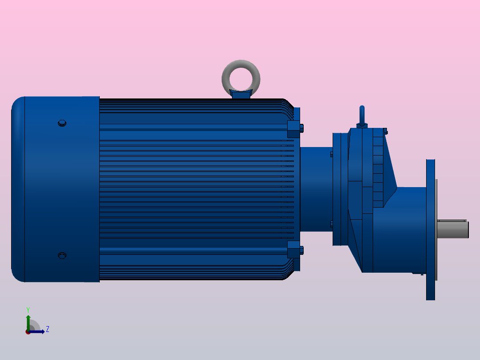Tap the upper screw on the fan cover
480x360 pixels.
62,123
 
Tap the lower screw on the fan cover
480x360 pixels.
62,255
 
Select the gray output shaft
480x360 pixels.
452,230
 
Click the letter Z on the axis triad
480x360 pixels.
48,329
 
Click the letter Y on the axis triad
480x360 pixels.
28,309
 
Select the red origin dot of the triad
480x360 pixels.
28,332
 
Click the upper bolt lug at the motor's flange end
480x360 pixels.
294,129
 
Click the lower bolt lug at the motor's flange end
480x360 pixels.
294,250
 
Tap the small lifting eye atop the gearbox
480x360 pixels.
362,116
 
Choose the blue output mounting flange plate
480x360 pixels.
430,267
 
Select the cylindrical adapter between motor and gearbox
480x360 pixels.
316,189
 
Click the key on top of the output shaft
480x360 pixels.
452,221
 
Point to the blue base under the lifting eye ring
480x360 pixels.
241,94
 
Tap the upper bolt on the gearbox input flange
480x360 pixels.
331,154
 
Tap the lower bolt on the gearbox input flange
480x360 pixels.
331,224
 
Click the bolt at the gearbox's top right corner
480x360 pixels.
385,131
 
